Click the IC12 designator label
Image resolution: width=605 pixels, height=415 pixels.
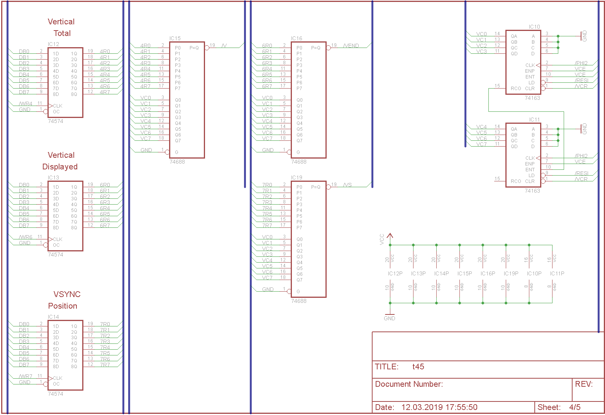(53, 44)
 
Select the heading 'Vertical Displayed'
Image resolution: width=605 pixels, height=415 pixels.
(60, 161)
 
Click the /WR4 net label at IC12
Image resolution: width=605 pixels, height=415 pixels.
(26, 104)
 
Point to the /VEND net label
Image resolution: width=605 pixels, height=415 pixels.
(351, 46)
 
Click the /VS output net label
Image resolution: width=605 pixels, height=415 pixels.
(347, 185)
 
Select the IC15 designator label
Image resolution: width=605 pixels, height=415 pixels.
(175, 38)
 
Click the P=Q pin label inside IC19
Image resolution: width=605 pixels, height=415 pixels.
(316, 187)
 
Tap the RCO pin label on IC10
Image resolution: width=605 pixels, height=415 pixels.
(516, 89)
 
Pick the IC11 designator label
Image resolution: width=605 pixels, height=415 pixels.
(534, 120)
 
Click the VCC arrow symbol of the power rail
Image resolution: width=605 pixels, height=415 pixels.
(390, 236)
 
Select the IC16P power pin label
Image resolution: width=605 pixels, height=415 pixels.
(488, 273)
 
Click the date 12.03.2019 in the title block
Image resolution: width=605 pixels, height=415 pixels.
(439, 407)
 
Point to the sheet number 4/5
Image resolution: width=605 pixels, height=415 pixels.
(574, 407)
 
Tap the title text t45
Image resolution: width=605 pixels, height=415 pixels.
(418, 367)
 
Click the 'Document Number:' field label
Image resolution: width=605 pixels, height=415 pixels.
(409, 384)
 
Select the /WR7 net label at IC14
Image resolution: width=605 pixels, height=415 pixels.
(26, 376)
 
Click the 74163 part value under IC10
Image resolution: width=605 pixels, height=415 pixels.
(532, 98)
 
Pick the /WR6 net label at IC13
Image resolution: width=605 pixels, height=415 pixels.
(26, 237)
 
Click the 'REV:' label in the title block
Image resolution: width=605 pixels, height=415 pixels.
(583, 384)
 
